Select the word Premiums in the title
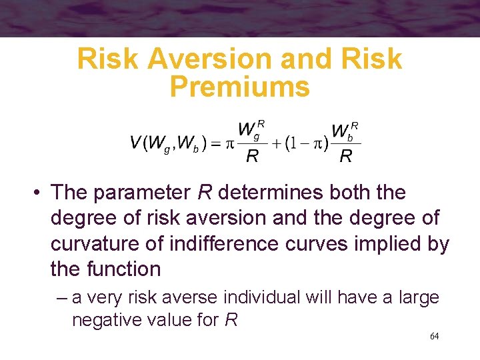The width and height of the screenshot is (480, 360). pyautogui.click(x=239, y=87)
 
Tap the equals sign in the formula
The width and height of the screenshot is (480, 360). pyautogui.click(x=217, y=142)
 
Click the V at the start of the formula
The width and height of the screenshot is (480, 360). pyautogui.click(x=135, y=142)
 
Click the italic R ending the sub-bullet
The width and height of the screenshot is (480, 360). pyautogui.click(x=231, y=320)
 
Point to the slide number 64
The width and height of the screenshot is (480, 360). pyautogui.click(x=434, y=336)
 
